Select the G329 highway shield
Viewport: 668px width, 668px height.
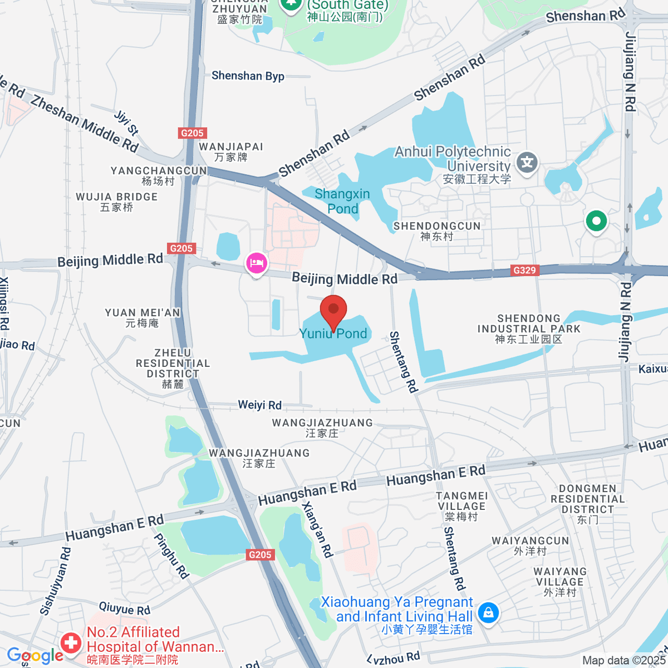point(524,271)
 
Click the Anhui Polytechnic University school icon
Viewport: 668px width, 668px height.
point(527,163)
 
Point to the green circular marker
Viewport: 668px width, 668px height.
point(596,221)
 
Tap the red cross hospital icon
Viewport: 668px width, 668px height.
point(71,643)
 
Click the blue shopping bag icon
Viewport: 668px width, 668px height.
point(488,613)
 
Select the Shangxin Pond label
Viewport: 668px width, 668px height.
point(342,201)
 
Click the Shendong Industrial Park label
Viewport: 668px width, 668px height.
point(529,328)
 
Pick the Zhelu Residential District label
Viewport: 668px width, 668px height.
point(173,368)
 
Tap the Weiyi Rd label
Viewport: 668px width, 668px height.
point(259,405)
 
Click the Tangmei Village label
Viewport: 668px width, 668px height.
point(461,506)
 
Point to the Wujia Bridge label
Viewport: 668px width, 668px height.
point(117,202)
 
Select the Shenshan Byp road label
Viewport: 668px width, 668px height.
point(248,76)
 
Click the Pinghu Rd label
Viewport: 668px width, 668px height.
point(171,556)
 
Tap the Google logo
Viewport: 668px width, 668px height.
point(35,656)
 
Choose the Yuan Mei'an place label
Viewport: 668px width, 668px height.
point(143,317)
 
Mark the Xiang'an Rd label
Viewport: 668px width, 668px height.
point(317,529)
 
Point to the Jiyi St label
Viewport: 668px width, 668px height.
point(126,122)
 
